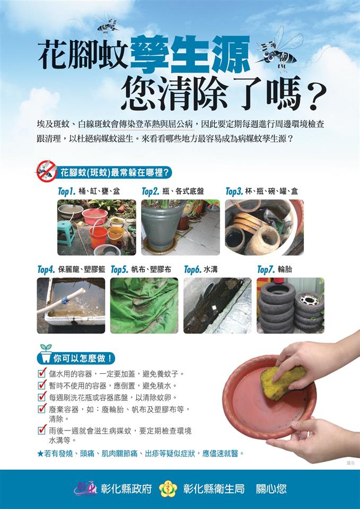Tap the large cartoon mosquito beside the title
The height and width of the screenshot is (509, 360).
pyautogui.click(x=279, y=51)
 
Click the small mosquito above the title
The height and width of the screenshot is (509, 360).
pyautogui.click(x=108, y=25)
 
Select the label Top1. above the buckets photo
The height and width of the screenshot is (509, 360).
pyautogui.click(x=67, y=191)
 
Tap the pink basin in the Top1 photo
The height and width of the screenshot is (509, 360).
pyautogui.click(x=95, y=216)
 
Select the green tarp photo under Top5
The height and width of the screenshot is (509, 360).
pyautogui.click(x=144, y=305)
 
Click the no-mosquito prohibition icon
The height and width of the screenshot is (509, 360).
pyautogui.click(x=46, y=171)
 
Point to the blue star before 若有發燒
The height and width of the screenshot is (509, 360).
pyautogui.click(x=40, y=453)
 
